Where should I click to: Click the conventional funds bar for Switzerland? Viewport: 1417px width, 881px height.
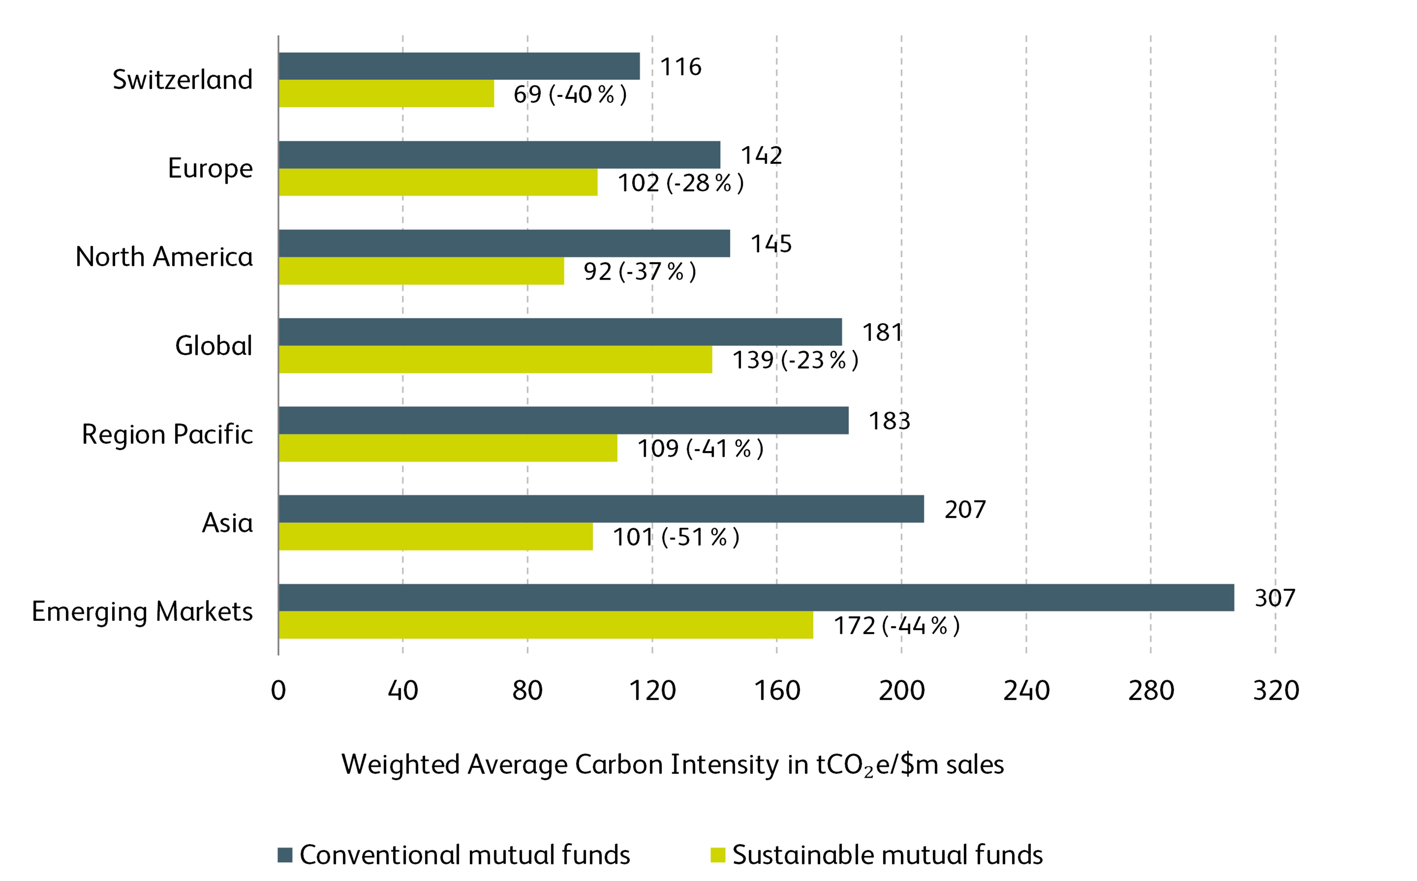point(459,66)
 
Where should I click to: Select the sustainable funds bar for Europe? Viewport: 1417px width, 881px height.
point(438,182)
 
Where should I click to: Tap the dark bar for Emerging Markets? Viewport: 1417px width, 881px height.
point(756,597)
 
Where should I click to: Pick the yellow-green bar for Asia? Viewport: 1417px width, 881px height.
point(436,536)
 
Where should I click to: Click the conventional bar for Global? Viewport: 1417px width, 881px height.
point(560,331)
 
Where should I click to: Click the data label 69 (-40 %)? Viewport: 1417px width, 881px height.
point(570,94)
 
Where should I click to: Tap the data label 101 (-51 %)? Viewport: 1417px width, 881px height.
point(676,537)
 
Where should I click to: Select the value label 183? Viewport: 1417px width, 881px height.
point(889,421)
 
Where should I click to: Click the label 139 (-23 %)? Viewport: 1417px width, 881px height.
point(795,360)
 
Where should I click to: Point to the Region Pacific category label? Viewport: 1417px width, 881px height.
point(167,434)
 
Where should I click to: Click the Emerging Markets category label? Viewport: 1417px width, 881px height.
point(142,611)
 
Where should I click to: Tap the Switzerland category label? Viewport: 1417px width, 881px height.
point(182,80)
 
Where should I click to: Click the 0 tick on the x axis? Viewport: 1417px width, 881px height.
point(279,691)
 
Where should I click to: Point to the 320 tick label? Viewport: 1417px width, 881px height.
point(1276,691)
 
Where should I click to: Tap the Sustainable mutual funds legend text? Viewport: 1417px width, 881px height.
point(887,855)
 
